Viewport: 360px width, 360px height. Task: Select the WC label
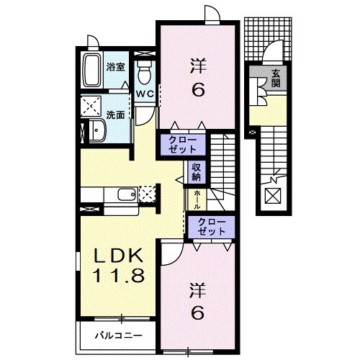143,94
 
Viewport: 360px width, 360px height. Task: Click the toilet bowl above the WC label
143,71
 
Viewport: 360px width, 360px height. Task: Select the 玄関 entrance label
276,77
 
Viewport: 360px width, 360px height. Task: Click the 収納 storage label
196,171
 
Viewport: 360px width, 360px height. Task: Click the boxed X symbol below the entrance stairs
274,196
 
